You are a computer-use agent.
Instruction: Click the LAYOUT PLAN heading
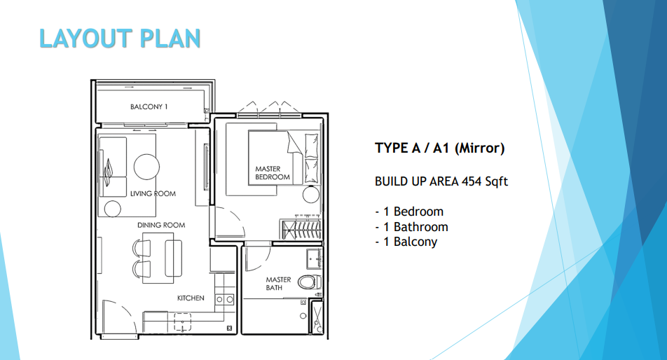(120, 38)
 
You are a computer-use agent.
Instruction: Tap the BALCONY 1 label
(149, 107)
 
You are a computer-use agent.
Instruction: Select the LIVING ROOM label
(153, 193)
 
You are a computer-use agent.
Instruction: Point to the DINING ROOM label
(160, 225)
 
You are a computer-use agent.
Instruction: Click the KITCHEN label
(191, 298)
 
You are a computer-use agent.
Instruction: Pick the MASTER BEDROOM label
(273, 173)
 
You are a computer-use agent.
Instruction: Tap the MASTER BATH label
(278, 284)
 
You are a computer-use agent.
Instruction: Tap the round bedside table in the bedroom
(310, 194)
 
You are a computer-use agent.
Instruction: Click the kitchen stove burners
(224, 300)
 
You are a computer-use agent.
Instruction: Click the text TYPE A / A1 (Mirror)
(440, 148)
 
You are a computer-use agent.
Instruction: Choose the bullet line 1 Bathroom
(411, 227)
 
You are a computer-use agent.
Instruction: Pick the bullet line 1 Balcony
(406, 242)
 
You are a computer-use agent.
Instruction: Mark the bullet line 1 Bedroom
(409, 212)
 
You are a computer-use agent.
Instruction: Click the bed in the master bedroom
(275, 158)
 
